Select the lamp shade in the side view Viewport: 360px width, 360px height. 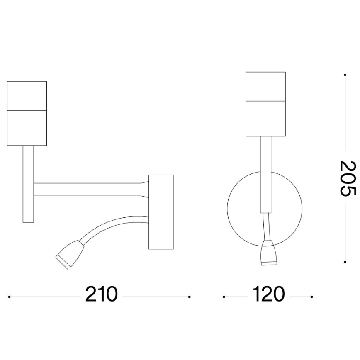tap(27, 113)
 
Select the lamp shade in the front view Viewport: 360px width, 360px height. tap(265, 104)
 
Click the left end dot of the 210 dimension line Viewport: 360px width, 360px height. tap(10, 297)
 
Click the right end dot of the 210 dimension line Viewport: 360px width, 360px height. tap(190, 297)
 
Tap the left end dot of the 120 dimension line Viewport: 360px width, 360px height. tap(224, 297)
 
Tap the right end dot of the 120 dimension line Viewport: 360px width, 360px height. tap(311, 297)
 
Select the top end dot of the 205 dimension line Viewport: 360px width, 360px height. tap(345, 75)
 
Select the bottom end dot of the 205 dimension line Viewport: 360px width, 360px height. tap(345, 261)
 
